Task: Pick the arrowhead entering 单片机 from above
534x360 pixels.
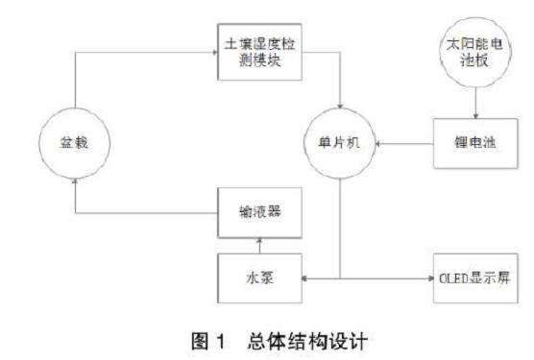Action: coord(339,108)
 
